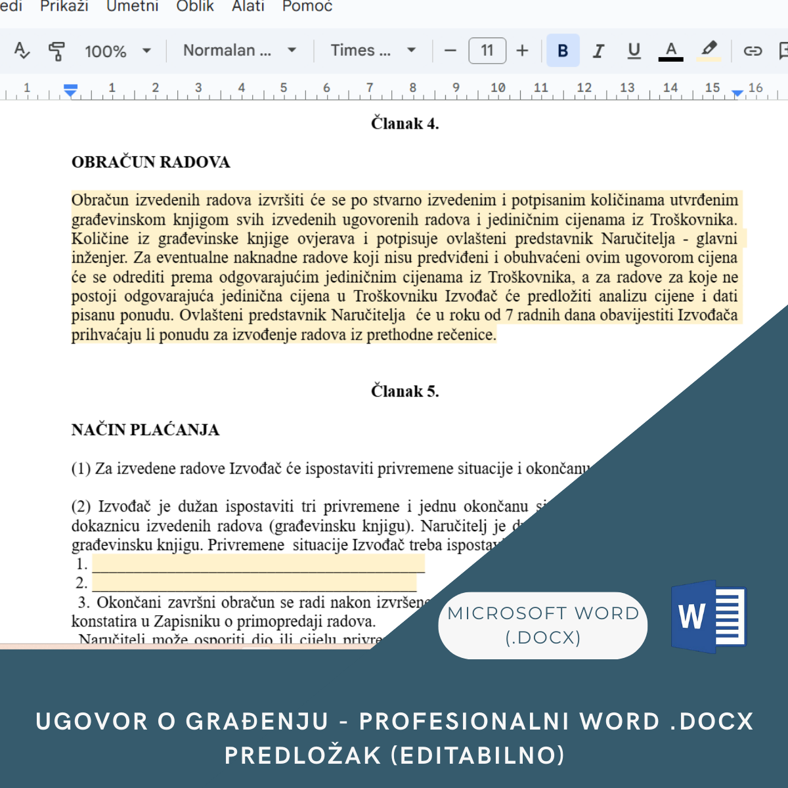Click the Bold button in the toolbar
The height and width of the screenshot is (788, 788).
click(x=563, y=51)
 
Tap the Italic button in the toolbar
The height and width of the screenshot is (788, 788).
click(x=598, y=51)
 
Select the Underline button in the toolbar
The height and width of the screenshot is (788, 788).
click(x=634, y=51)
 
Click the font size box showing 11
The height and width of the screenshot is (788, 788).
click(x=487, y=51)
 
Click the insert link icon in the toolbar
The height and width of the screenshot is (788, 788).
click(x=753, y=51)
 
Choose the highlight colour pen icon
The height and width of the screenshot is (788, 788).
click(x=709, y=50)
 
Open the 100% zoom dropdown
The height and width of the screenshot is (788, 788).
click(x=118, y=51)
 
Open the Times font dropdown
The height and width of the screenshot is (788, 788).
click(x=373, y=51)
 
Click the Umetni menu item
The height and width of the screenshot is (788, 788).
click(x=133, y=7)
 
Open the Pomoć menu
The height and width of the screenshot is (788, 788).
click(x=307, y=7)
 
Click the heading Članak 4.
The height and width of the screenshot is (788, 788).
click(x=405, y=123)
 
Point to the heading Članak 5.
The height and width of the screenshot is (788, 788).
click(x=405, y=391)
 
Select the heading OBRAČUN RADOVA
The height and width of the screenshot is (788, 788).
click(x=151, y=162)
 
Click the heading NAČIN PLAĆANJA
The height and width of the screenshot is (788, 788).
click(x=145, y=430)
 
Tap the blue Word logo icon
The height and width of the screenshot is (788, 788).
click(x=709, y=617)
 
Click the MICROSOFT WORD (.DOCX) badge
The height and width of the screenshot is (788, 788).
click(x=543, y=625)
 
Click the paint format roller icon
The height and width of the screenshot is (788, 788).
click(x=57, y=51)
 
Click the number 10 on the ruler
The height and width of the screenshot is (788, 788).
click(x=498, y=87)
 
